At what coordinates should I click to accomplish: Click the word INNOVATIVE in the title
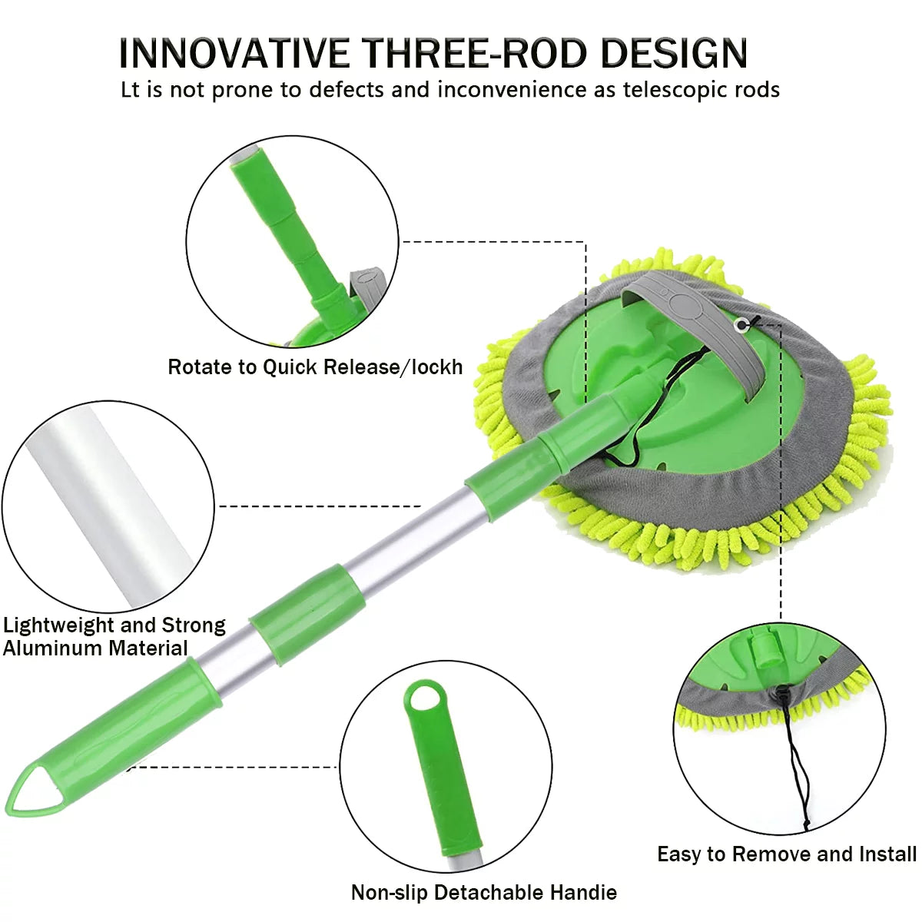[234, 53]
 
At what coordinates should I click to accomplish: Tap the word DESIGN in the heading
[674, 53]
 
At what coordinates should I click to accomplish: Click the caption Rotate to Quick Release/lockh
[315, 367]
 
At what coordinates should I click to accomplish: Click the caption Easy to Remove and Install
[786, 854]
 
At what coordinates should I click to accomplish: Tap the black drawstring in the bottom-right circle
[795, 761]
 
